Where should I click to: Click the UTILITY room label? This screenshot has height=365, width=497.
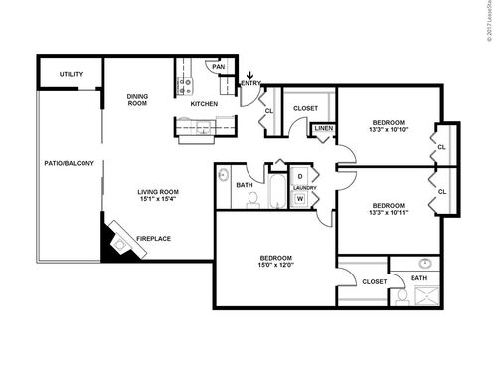pyautogui.click(x=71, y=74)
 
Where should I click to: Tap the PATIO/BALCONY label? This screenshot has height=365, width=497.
pyautogui.click(x=69, y=162)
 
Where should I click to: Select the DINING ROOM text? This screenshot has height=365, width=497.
pyautogui.click(x=137, y=99)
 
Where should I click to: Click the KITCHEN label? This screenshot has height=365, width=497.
pyautogui.click(x=204, y=103)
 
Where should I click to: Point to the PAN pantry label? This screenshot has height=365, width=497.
pyautogui.click(x=219, y=66)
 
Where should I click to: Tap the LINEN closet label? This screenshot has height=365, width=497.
pyautogui.click(x=323, y=129)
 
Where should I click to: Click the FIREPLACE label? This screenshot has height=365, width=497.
pyautogui.click(x=153, y=238)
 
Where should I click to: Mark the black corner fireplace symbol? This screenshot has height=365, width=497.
pyautogui.click(x=110, y=242)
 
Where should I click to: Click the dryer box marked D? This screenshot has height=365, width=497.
pyautogui.click(x=300, y=177)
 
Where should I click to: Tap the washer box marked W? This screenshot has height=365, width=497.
pyautogui.click(x=300, y=198)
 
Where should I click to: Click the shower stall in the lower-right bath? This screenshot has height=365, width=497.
pyautogui.click(x=424, y=296)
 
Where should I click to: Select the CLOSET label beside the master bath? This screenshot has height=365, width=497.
pyautogui.click(x=375, y=281)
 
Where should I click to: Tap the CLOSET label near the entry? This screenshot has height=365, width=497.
pyautogui.click(x=306, y=108)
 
